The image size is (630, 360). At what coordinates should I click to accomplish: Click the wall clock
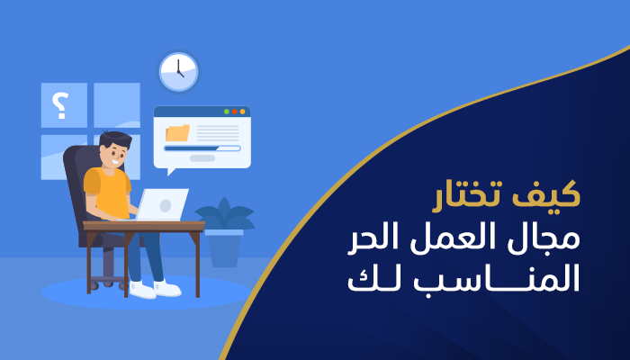pyautogui.click(x=178, y=71)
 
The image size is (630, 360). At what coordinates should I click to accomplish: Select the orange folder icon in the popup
pyautogui.click(x=178, y=133)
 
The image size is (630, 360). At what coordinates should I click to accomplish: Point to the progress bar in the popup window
pyautogui.click(x=202, y=148)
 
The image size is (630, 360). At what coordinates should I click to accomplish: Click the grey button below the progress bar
pyautogui.click(x=202, y=158)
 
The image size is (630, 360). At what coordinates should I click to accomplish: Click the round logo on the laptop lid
pyautogui.click(x=166, y=204)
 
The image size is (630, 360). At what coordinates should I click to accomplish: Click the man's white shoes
pyautogui.click(x=154, y=288)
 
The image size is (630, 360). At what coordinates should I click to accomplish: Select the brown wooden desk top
pyautogui.click(x=144, y=225)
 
